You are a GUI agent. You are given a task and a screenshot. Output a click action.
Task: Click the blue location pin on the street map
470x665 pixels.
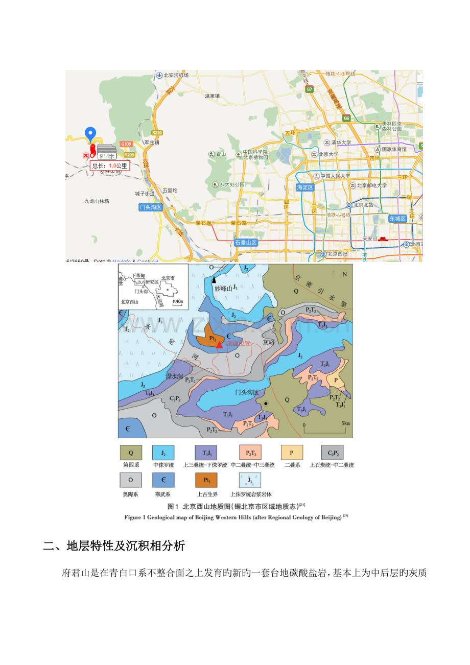point(90,134)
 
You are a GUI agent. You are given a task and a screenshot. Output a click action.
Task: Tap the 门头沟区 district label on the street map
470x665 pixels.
point(150,207)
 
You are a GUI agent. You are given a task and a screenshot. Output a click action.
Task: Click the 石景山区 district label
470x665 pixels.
point(246,243)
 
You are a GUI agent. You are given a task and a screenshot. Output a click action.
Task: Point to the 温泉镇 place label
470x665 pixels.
point(212,96)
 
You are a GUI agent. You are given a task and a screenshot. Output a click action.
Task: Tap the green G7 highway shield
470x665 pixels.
point(309,89)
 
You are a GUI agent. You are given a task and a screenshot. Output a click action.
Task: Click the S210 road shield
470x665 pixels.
point(157,133)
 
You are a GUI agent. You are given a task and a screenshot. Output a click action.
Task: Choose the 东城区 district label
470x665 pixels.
point(396,218)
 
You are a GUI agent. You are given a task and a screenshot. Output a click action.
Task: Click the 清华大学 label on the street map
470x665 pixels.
point(339,143)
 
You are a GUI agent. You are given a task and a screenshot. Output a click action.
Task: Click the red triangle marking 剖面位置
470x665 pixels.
point(219,345)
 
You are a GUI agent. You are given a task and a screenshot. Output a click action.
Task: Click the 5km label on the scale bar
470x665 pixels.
point(345,424)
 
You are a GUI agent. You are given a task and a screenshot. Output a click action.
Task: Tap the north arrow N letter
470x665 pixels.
point(343,274)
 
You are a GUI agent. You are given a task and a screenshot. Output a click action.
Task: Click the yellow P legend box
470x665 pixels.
point(292,453)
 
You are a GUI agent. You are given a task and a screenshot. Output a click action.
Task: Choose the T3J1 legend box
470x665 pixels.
point(206,453)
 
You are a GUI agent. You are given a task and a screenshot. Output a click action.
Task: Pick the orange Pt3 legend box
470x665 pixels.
point(206,480)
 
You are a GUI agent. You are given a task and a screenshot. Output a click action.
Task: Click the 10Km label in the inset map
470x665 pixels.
point(177,301)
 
